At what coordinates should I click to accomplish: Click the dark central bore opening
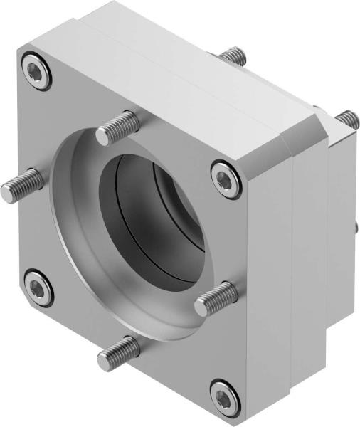(153, 213)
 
